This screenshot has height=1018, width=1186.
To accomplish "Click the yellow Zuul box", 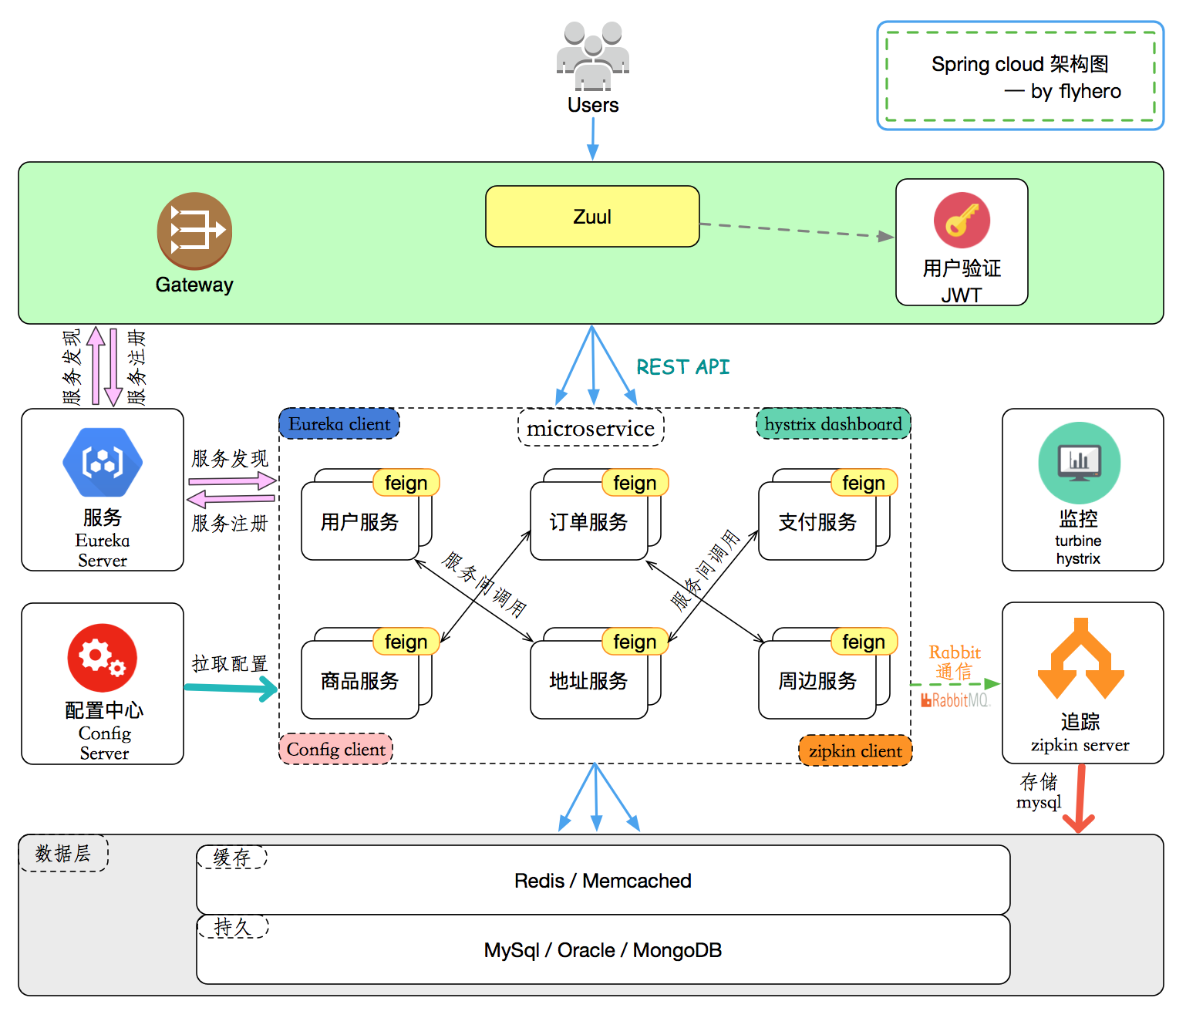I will click(592, 217).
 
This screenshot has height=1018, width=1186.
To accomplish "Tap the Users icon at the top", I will click(593, 57).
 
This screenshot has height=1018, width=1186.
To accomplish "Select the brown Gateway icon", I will click(194, 231).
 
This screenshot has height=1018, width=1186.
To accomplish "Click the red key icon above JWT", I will click(962, 220).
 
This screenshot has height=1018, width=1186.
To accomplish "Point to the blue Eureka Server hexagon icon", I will click(103, 462).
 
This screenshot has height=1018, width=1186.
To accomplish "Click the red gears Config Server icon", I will click(103, 657).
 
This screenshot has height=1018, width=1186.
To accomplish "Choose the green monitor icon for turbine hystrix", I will click(1079, 463).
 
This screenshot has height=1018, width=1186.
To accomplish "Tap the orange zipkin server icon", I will click(1080, 659).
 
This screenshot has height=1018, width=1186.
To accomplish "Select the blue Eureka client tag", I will click(339, 424).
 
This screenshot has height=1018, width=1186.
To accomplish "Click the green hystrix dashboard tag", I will click(833, 424).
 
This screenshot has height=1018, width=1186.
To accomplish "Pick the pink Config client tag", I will click(335, 749).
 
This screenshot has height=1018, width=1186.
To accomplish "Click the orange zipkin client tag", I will click(855, 750).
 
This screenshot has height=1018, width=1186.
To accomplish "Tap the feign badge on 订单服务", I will click(635, 483).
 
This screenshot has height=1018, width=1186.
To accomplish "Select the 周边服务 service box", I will click(817, 681).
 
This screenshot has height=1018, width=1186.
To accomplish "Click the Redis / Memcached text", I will click(602, 881).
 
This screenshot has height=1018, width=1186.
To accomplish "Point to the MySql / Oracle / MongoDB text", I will click(602, 950).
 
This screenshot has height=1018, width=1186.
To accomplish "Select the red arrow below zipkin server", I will click(1080, 798).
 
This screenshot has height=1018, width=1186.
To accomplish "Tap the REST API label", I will click(682, 367).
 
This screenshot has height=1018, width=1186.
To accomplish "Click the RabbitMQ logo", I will click(955, 700).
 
